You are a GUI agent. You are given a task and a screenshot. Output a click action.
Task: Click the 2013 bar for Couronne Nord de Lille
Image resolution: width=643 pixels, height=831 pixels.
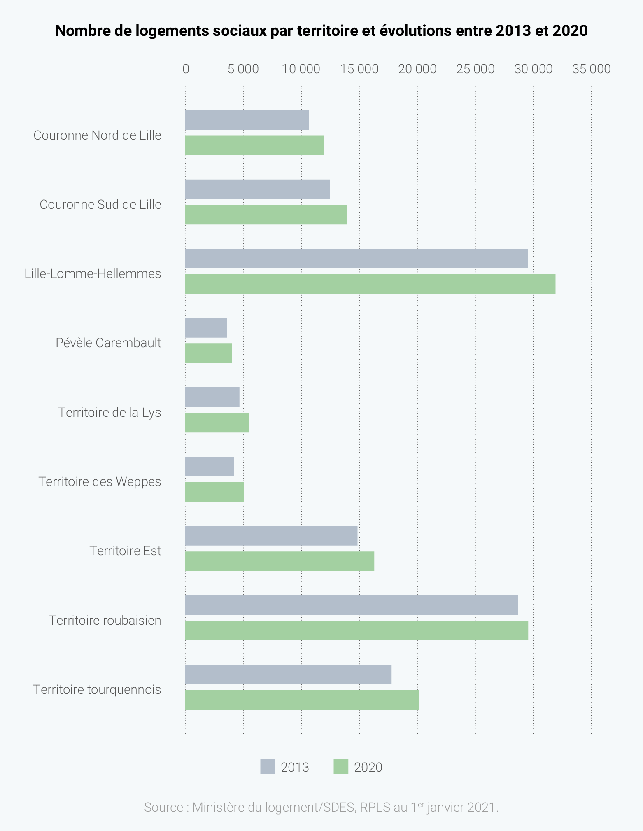coord(247,120)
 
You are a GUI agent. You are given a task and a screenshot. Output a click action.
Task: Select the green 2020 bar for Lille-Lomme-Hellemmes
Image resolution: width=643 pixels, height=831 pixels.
coord(370,284)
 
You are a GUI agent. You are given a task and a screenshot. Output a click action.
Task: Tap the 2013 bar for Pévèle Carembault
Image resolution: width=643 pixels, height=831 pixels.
coord(206,328)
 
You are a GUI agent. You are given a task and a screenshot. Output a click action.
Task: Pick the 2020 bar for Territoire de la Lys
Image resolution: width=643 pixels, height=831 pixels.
coord(217,423)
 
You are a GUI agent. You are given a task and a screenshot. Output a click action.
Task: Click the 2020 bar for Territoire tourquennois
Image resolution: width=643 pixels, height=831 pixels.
coord(302,700)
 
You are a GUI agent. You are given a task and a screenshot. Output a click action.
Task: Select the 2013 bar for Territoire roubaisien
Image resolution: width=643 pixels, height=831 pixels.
coord(352,605)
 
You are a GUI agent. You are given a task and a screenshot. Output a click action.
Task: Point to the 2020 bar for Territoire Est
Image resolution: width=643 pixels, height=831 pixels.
coord(280,561)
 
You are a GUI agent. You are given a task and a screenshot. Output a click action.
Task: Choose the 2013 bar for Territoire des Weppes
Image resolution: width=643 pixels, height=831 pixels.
coord(210,467)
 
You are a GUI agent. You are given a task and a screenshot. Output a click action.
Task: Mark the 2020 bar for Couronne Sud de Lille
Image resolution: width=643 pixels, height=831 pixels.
coord(266,215)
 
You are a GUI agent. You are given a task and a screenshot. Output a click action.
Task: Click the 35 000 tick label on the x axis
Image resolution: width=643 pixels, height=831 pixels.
coord(591,69)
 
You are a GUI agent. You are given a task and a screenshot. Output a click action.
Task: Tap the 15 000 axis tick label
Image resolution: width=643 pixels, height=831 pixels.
coord(359,69)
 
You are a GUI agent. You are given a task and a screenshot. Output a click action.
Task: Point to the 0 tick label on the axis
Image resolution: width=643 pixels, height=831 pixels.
coord(186,69)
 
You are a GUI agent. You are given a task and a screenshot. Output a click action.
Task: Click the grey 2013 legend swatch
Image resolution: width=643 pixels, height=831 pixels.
coord(268,767)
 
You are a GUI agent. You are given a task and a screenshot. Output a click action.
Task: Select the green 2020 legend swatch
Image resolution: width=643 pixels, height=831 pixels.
coord(341,767)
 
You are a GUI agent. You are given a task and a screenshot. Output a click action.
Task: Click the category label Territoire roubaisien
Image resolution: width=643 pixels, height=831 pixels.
coord(105,620)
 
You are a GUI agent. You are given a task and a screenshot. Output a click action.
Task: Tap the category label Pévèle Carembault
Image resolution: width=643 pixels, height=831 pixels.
coord(108,343)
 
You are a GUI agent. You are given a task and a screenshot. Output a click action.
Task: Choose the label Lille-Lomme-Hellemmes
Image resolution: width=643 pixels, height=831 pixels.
coord(93,273)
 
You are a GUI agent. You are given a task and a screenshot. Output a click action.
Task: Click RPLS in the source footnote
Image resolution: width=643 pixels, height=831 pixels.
coord(375,807)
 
